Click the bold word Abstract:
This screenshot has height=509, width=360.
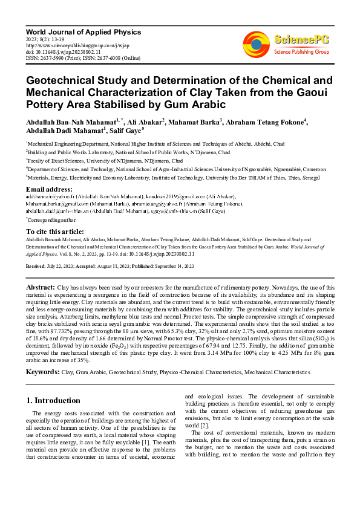(42, 287)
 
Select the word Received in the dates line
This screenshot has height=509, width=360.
(36, 266)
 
